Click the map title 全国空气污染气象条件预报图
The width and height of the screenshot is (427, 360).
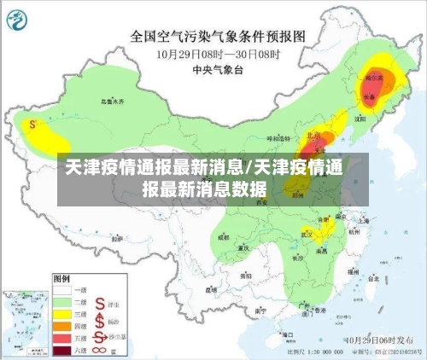[x=218, y=37]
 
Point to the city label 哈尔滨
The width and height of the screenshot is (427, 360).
[x=374, y=78]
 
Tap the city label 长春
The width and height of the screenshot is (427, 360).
[x=369, y=97]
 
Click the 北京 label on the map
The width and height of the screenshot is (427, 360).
[x=313, y=135]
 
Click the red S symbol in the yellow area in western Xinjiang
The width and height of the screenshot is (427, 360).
[x=32, y=124]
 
